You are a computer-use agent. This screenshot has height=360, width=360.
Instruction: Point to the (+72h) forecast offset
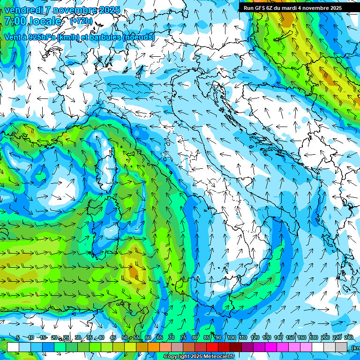point(81,22)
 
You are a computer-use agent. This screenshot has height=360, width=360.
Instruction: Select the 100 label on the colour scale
point(232,338)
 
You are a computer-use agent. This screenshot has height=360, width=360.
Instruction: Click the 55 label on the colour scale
point(136,338)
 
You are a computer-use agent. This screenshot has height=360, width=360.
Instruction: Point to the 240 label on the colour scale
point(349,338)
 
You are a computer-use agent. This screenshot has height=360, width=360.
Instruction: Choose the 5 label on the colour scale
point(18,338)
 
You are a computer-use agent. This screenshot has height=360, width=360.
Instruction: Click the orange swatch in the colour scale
point(154,347)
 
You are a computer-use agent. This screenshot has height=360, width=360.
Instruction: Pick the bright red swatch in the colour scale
point(212,347)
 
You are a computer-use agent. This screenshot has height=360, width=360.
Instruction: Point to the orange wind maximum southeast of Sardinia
point(135,271)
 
